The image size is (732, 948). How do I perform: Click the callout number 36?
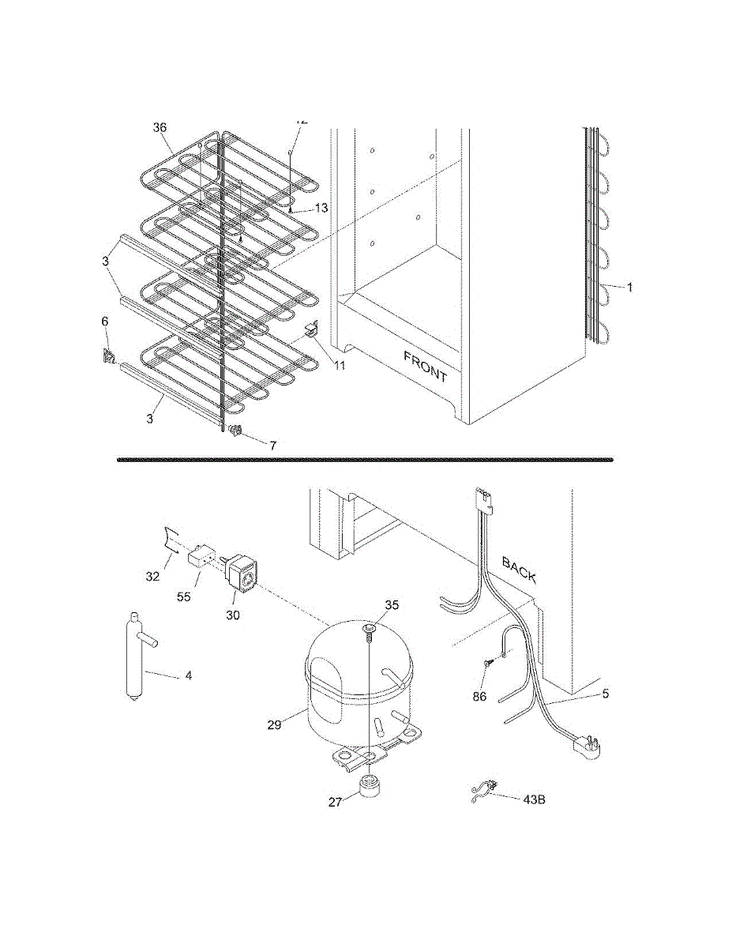(x=160, y=127)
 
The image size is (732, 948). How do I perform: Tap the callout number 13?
(x=321, y=208)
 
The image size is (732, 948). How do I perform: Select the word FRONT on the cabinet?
(x=426, y=367)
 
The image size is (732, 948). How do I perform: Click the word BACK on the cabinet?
(x=520, y=570)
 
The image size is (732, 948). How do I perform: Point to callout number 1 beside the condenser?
(x=630, y=288)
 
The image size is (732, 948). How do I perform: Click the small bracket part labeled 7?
(x=235, y=431)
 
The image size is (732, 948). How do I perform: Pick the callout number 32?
(x=153, y=577)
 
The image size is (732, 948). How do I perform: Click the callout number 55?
(x=184, y=597)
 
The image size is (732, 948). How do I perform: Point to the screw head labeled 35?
(x=370, y=627)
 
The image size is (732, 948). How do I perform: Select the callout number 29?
(x=274, y=724)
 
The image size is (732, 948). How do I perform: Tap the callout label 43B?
(x=534, y=799)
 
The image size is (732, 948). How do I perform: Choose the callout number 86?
(x=479, y=696)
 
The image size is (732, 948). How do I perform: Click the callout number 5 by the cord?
(x=606, y=694)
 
